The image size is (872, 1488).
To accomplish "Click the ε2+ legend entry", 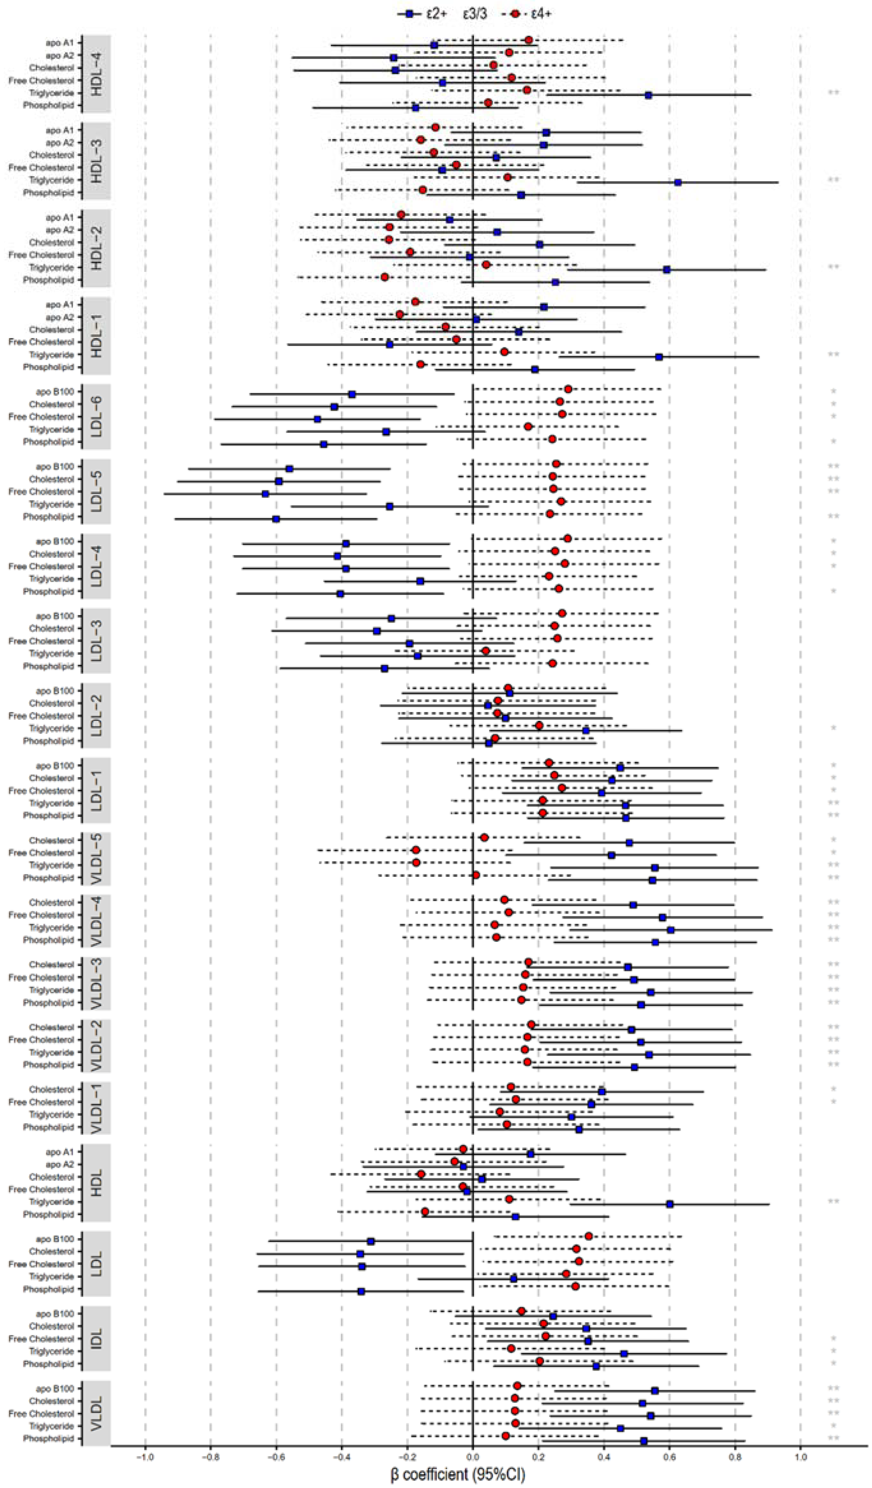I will coord(422,13).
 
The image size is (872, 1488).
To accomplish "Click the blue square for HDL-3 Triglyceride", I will coord(678,182).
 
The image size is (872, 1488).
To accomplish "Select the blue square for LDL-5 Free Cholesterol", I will coord(265,494).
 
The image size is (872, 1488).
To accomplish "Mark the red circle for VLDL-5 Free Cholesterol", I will coord(416,850).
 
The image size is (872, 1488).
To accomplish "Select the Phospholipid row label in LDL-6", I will coord(49,442).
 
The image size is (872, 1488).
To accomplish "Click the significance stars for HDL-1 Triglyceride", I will coord(833,355).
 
